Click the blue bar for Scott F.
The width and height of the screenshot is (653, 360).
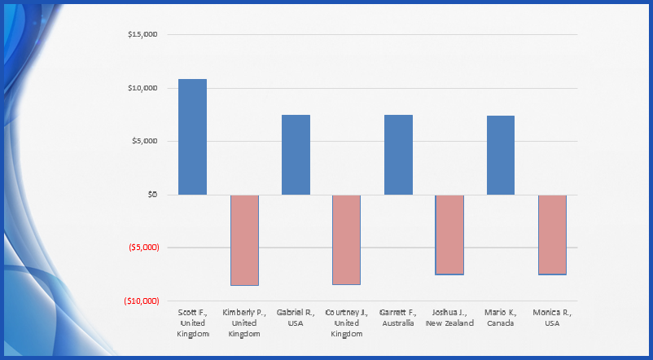[193, 137]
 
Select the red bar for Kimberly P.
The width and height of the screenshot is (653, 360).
[244, 240]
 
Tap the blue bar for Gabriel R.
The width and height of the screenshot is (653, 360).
[296, 155]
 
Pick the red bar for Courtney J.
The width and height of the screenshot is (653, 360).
[347, 239]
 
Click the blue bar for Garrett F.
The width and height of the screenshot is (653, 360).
[398, 155]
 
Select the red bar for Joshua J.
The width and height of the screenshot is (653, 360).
[449, 235]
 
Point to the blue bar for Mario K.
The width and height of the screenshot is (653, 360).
[501, 155]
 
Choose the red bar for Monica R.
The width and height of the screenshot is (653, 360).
[552, 235]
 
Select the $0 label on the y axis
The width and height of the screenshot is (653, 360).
[151, 195]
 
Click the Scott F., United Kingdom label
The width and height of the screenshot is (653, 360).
[193, 323]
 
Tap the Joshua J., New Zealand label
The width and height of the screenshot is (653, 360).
[449, 318]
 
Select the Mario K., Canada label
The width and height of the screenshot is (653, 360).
[501, 318]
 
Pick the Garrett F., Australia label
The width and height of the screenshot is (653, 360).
[398, 318]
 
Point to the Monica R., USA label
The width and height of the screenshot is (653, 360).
[552, 318]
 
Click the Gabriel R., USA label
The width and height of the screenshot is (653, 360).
[296, 318]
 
